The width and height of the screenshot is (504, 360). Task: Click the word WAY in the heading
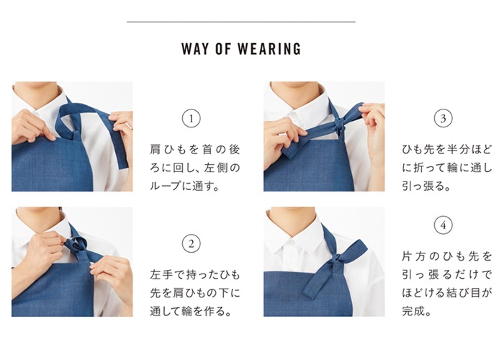[x=194, y=50]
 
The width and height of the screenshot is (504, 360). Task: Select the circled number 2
[x=191, y=243]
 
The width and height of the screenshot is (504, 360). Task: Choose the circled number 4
[x=444, y=225]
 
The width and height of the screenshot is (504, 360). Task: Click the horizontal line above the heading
[x=240, y=22]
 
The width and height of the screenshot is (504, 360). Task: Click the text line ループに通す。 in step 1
[x=184, y=186]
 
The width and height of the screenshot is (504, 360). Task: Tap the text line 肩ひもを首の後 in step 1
[x=195, y=150]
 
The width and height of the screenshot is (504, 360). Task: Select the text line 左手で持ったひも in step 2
[x=195, y=275]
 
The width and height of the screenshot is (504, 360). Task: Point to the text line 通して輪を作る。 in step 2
[x=191, y=311]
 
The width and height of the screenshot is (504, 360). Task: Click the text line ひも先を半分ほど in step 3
[x=447, y=150]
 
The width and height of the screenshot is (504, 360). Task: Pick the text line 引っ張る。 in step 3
[x=426, y=186]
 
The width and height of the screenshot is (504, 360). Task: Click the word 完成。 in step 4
[x=416, y=312]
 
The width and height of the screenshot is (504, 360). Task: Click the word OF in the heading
[x=225, y=50]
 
